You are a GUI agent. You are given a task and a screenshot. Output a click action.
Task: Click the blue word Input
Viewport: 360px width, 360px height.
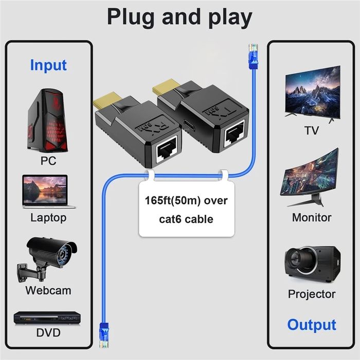[48, 65]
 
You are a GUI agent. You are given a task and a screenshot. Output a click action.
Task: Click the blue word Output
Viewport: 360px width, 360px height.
[311, 325]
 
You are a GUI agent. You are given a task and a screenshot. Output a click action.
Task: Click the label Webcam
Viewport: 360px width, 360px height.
[48, 290]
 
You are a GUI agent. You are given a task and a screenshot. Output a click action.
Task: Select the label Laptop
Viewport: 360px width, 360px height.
[48, 218]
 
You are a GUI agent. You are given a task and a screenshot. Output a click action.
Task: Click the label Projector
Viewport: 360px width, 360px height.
[312, 294]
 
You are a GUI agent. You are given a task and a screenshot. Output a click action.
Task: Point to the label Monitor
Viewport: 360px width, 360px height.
[312, 218]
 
